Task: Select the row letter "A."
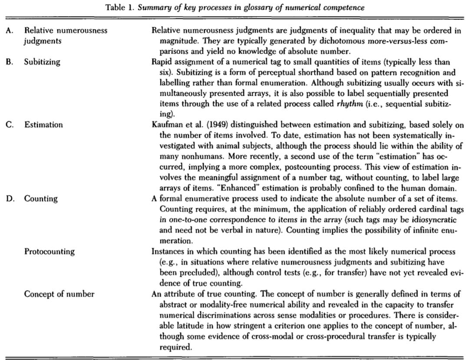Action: click(x=9, y=31)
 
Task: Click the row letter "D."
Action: click(x=10, y=199)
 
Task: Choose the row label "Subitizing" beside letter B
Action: click(x=42, y=62)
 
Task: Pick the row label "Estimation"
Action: click(x=43, y=125)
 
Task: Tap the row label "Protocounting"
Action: click(x=49, y=252)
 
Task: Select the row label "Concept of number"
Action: click(x=59, y=294)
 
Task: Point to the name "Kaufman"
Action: click(x=166, y=125)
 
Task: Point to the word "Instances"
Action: click(x=167, y=252)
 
